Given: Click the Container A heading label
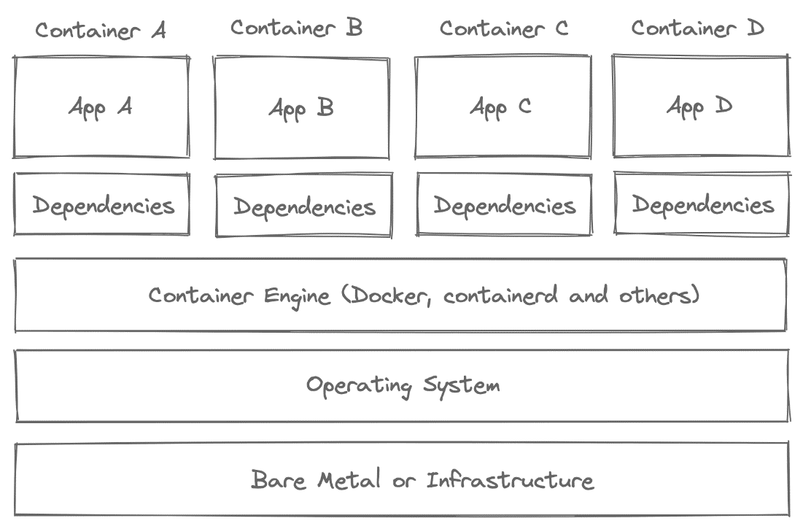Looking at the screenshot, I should (101, 31).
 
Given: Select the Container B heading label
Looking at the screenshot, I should (296, 28).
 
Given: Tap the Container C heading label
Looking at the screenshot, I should (503, 28).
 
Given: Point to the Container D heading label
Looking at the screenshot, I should (697, 28).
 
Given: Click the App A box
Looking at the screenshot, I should (101, 107).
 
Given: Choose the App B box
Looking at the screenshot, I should (301, 108).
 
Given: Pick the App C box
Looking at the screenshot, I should (503, 107).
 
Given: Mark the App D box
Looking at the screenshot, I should (700, 106).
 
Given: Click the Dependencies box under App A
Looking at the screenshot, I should (102, 204).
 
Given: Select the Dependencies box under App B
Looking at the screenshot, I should (303, 206).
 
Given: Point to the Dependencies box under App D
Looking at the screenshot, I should (702, 204).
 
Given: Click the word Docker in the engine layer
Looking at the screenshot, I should (386, 296).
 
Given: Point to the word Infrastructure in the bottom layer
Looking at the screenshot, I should (510, 480).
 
